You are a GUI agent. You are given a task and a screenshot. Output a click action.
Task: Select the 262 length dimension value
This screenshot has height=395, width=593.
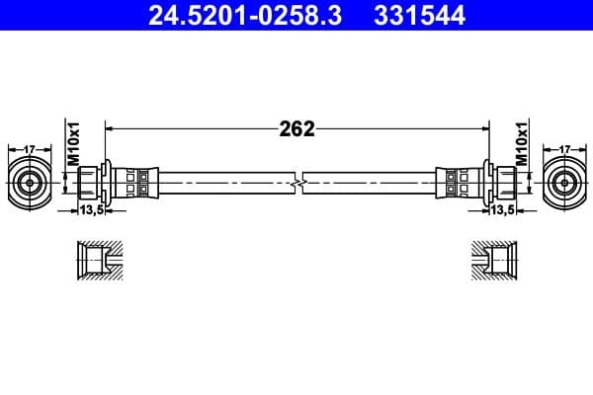coord(297,128)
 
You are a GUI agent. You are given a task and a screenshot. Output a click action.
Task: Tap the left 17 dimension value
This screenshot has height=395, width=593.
coord(30,149)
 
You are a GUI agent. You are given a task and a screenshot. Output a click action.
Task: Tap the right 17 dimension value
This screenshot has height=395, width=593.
coord(564,149)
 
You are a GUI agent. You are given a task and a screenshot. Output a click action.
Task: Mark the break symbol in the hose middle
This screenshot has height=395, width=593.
coord(297,182)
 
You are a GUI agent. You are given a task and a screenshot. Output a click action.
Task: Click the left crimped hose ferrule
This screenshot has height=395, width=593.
coord(133,182)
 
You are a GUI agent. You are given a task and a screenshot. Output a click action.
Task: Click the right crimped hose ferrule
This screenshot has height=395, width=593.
coord(460,182)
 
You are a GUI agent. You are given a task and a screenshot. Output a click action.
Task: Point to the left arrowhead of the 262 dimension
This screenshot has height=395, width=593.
coord(109,128)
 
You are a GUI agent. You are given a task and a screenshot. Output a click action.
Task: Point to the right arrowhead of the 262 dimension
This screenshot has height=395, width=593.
coord(486,128)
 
